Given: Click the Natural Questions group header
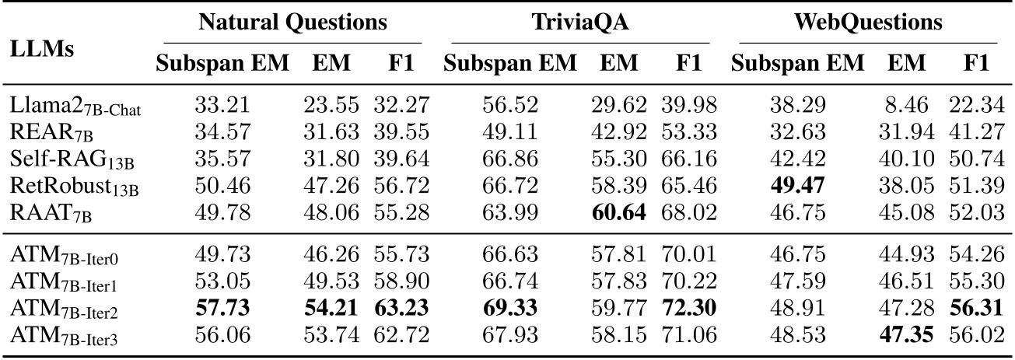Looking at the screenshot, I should pos(292,23).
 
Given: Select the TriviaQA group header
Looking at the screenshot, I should pos(576,23).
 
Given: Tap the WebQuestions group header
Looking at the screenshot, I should pos(868,23).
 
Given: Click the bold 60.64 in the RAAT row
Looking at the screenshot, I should pos(619,213).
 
